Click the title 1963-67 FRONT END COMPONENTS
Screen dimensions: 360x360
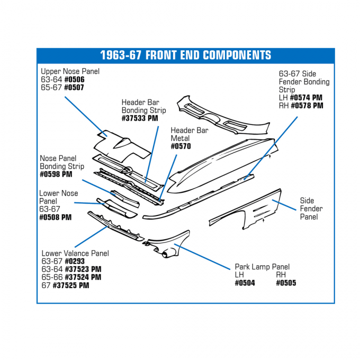pyautogui.click(x=185, y=56)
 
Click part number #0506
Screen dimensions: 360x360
pyautogui.click(x=74, y=79)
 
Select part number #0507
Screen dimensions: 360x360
pyautogui.click(x=74, y=87)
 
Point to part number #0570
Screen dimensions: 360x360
pyautogui.click(x=181, y=147)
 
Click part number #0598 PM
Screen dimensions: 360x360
pyautogui.click(x=56, y=174)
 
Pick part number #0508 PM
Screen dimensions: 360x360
pyautogui.click(x=56, y=217)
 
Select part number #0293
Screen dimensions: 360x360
pyautogui.click(x=76, y=261)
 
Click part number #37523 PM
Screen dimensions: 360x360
pyautogui.click(x=83, y=269)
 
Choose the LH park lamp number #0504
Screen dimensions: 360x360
pyautogui.click(x=245, y=283)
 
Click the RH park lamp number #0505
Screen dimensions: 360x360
pyautogui.click(x=286, y=283)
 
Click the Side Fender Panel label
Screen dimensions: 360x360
pyautogui.click(x=311, y=209)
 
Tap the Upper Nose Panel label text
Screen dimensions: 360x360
pyautogui.click(x=70, y=71)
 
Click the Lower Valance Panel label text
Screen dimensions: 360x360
pyautogui.click(x=75, y=253)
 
